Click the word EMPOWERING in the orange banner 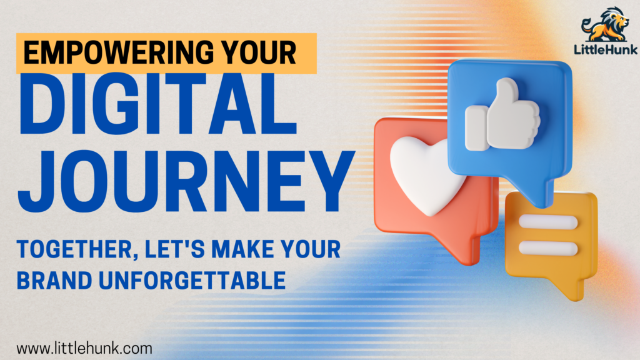click(x=119, y=53)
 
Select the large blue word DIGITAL click(x=157, y=104)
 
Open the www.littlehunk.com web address click(x=84, y=349)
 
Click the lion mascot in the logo click(x=606, y=24)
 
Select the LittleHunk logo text click(x=606, y=50)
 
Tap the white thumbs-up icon click(x=503, y=115)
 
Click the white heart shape click(x=424, y=174)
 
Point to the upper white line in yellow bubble click(x=548, y=222)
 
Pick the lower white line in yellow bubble click(x=548, y=248)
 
